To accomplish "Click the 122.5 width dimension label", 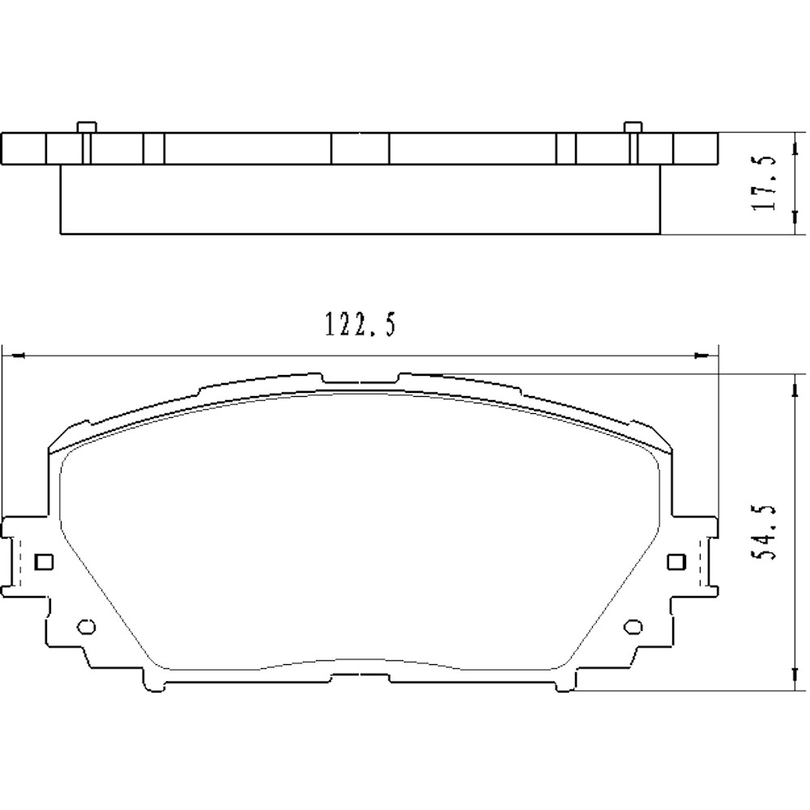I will point(360,326).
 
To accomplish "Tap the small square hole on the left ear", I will point(45,561).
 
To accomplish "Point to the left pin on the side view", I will point(86,127).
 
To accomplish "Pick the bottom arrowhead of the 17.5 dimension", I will point(791,228).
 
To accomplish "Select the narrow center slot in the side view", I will point(360,148).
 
